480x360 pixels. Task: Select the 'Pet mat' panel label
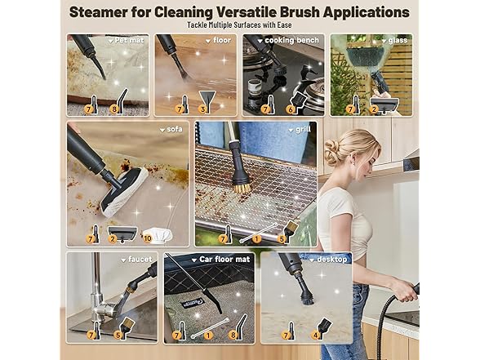pyautogui.click(x=131, y=39)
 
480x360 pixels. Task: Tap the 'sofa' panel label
pyautogui.click(x=176, y=128)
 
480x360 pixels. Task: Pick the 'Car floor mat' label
pyautogui.click(x=222, y=259)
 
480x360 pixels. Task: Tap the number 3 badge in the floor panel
pyautogui.click(x=202, y=109)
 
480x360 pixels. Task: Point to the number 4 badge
pyautogui.click(x=317, y=334)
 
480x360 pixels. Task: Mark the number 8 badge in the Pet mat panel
pyautogui.click(x=114, y=109)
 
